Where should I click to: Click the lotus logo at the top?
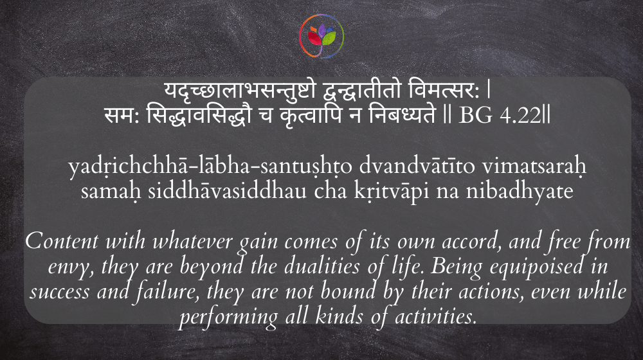pyautogui.click(x=321, y=35)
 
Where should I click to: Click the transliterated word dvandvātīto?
pyautogui.click(x=417, y=166)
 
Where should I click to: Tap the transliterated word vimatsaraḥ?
pyautogui.click(x=534, y=166)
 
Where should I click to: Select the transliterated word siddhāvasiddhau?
pyautogui.click(x=227, y=191)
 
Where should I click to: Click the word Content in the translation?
pyautogui.click(x=62, y=241)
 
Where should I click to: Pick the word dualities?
pyautogui.click(x=322, y=266)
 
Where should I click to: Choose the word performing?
pyautogui.click(x=228, y=318)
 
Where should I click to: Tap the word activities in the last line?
pyautogui.click(x=436, y=316)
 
